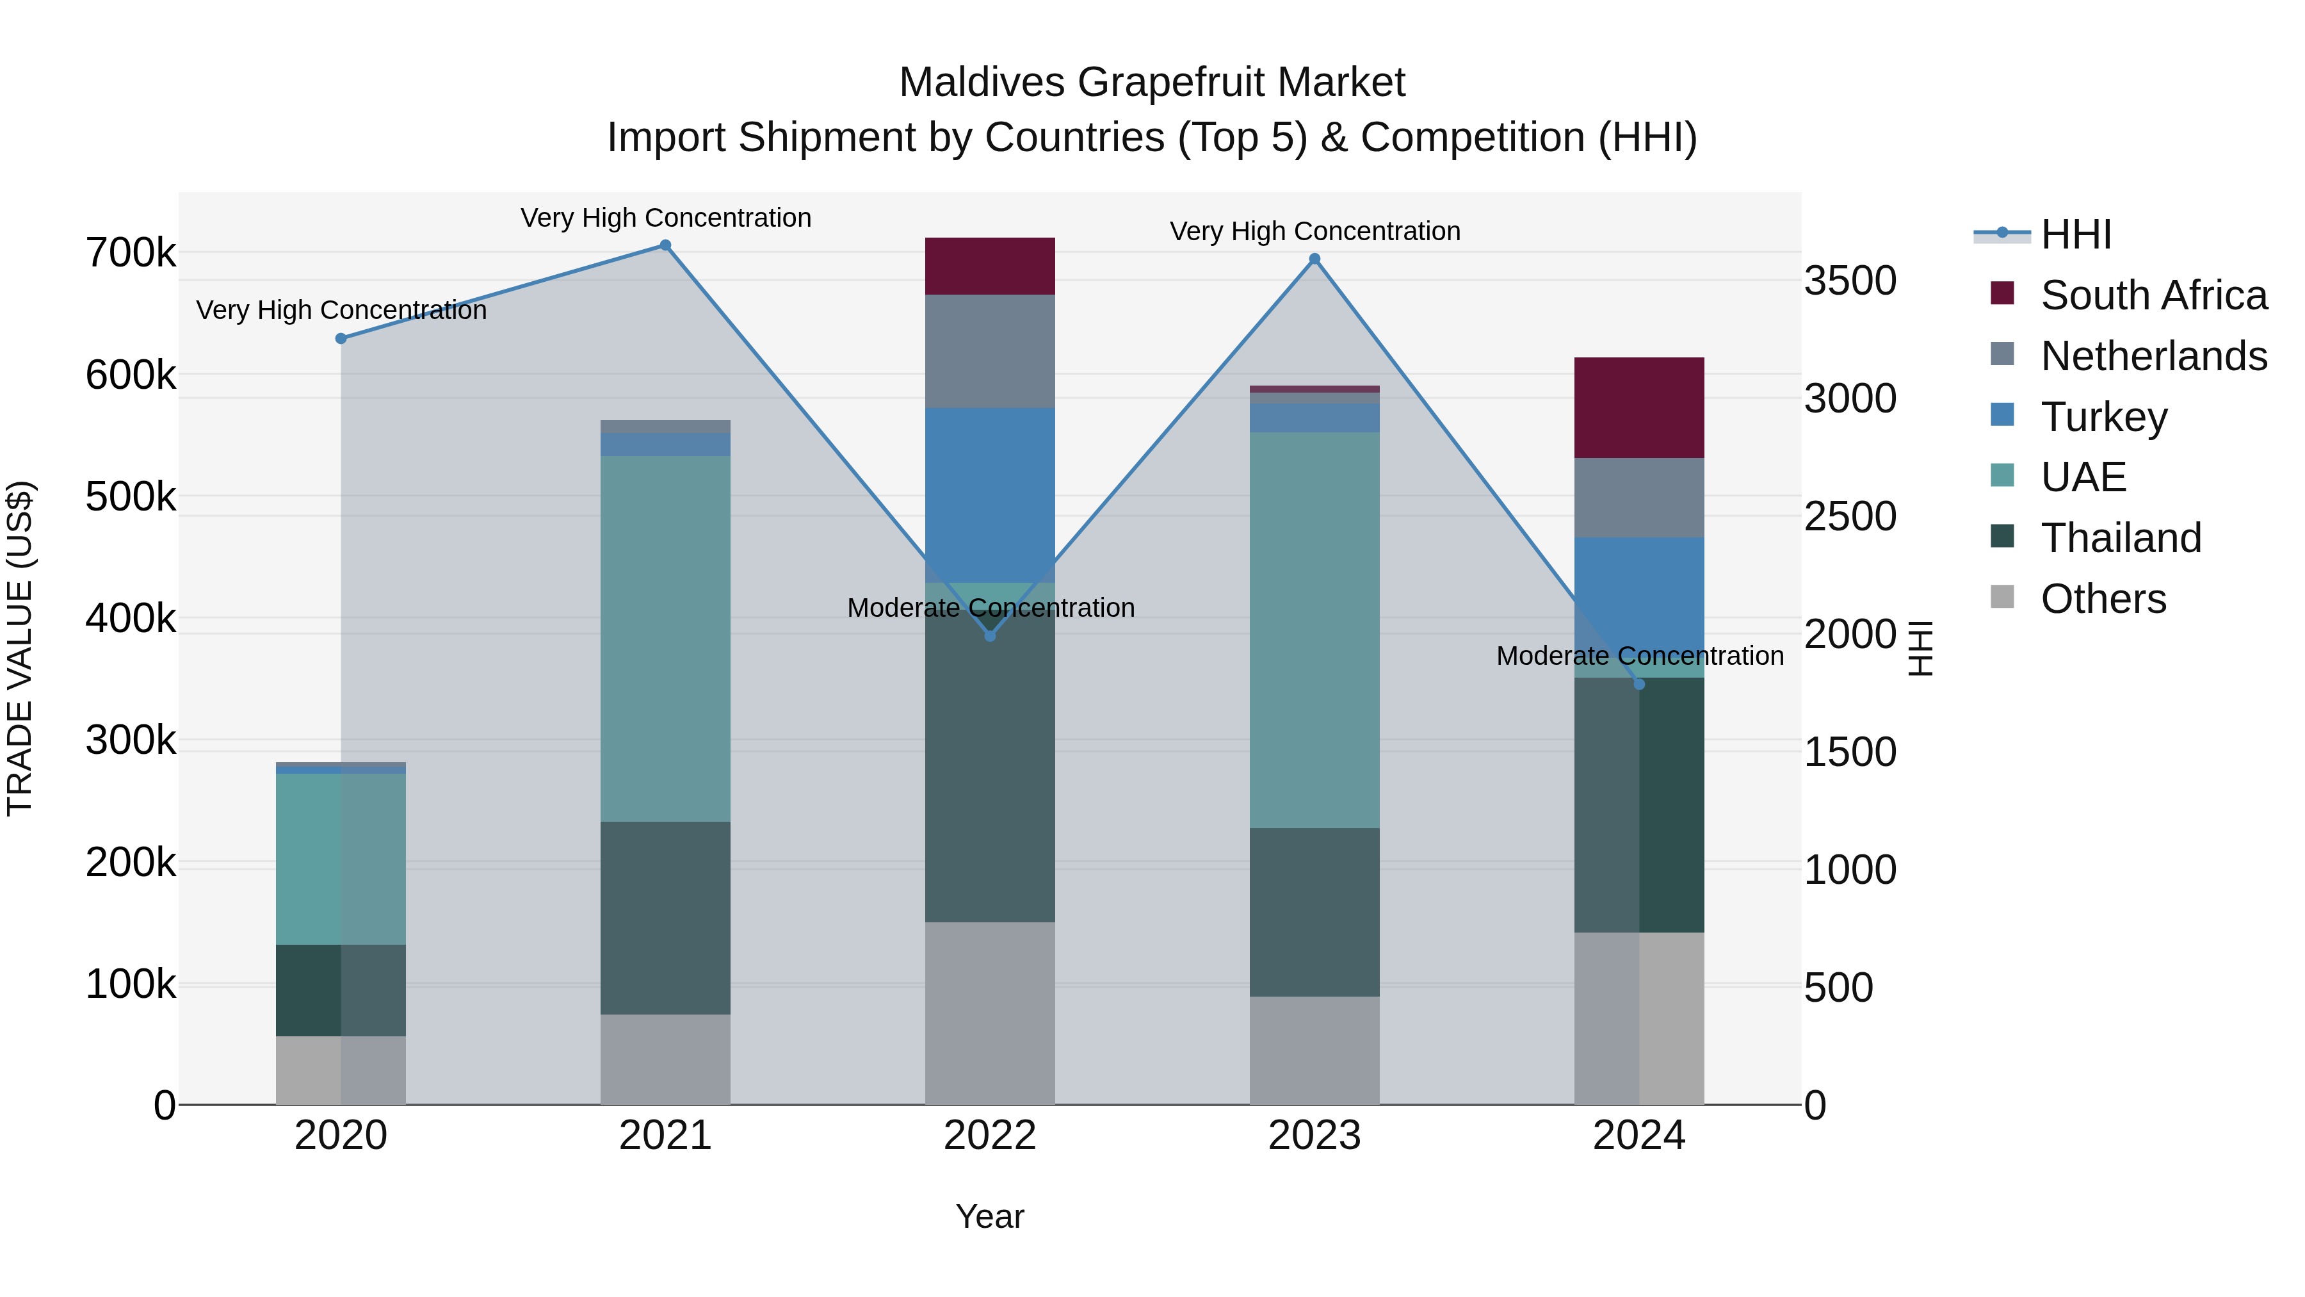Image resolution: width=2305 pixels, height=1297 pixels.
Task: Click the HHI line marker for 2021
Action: (665, 245)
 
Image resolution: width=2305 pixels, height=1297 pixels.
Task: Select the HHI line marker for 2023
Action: (1314, 259)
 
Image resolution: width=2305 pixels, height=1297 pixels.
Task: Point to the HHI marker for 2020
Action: (341, 338)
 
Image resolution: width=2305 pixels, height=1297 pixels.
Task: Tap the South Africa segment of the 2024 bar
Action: (1638, 408)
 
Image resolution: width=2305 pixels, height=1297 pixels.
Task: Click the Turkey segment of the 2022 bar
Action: (990, 495)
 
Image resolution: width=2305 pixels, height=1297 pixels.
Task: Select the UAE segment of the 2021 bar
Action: (665, 638)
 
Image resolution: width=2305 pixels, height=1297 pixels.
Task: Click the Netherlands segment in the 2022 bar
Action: (990, 351)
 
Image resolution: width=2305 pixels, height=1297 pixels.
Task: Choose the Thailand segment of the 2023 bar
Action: (1314, 911)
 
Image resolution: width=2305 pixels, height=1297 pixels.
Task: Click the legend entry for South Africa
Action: (2153, 295)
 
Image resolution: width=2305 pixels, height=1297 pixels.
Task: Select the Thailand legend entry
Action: (2120, 538)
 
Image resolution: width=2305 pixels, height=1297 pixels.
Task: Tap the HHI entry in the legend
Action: (2075, 234)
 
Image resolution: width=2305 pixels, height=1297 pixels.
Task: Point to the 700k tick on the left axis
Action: (131, 253)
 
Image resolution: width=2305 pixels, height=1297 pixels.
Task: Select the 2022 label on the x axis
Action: (990, 1136)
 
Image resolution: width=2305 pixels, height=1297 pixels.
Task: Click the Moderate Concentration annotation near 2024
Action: (1639, 656)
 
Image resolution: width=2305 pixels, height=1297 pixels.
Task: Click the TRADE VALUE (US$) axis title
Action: (20, 648)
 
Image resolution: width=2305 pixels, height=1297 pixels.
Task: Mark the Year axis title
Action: (990, 1216)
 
